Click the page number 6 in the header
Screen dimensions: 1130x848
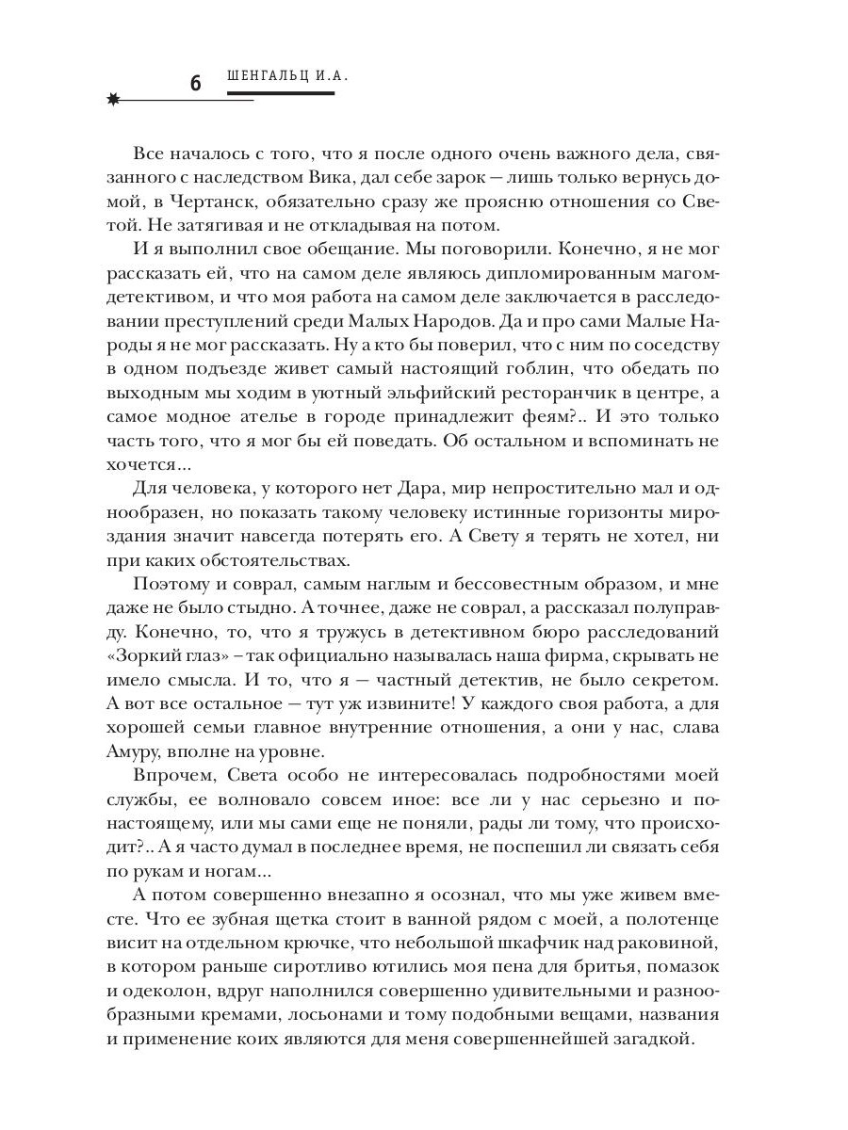point(195,83)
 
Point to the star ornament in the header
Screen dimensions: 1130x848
point(115,98)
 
